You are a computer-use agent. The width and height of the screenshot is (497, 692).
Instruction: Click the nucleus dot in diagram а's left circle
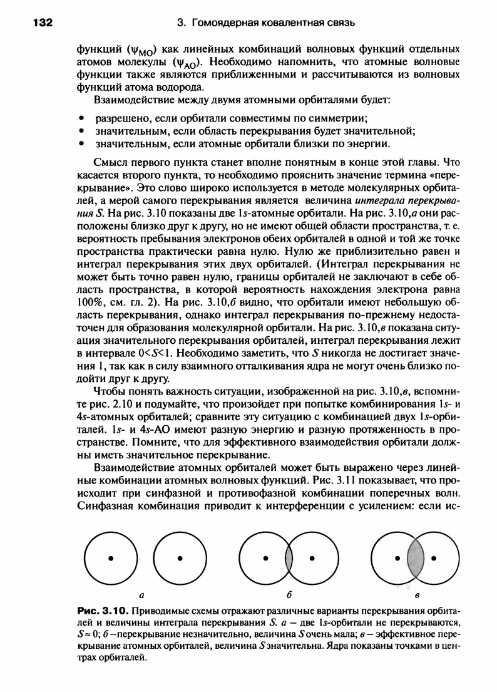coord(111,556)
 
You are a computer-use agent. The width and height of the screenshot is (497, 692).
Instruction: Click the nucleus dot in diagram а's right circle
coord(180,556)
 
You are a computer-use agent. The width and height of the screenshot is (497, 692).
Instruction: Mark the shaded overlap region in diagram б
coord(289,556)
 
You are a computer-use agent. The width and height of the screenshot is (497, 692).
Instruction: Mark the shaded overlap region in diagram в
coord(415,556)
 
